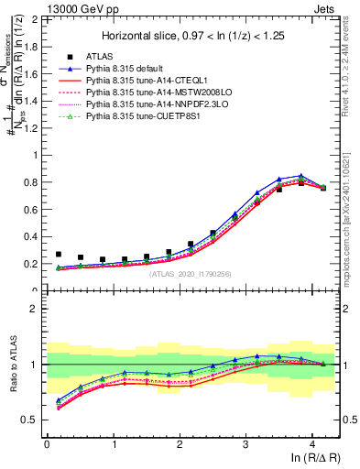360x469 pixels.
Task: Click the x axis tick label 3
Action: tap(245, 445)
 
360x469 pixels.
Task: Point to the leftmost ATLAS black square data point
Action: tap(59, 255)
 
